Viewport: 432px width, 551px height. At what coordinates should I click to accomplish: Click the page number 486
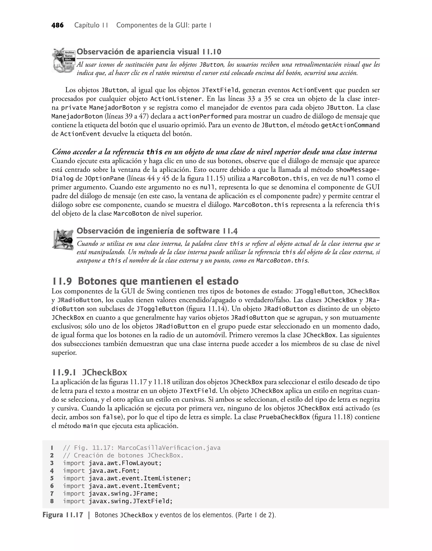[x=57, y=25]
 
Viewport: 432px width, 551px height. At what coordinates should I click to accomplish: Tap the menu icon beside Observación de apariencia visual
[x=63, y=60]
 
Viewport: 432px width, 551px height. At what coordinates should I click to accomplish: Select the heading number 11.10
[x=211, y=52]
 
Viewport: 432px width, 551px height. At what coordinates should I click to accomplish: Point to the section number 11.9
[x=62, y=281]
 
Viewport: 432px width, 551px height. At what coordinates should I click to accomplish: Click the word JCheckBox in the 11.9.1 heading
[x=104, y=373]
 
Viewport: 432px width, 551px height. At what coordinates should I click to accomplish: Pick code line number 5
[x=52, y=478]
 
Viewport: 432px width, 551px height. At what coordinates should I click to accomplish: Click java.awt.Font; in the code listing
[x=114, y=471]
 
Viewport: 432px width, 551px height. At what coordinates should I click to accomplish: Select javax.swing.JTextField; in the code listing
[x=130, y=501]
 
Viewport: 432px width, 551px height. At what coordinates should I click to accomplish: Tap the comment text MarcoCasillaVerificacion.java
[x=169, y=448]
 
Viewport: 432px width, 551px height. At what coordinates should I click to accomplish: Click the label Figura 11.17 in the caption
[x=63, y=515]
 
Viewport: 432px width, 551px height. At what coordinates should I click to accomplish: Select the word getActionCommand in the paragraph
[x=350, y=125]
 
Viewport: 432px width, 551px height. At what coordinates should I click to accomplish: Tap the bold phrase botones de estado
[x=263, y=291]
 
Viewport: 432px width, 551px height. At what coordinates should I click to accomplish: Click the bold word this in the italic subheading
[x=154, y=152]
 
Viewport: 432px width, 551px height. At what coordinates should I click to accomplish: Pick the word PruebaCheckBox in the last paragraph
[x=284, y=417]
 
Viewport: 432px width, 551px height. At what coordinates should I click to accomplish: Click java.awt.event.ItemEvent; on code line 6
[x=134, y=486]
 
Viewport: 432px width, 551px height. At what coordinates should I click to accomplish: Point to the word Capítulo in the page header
[x=87, y=25]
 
